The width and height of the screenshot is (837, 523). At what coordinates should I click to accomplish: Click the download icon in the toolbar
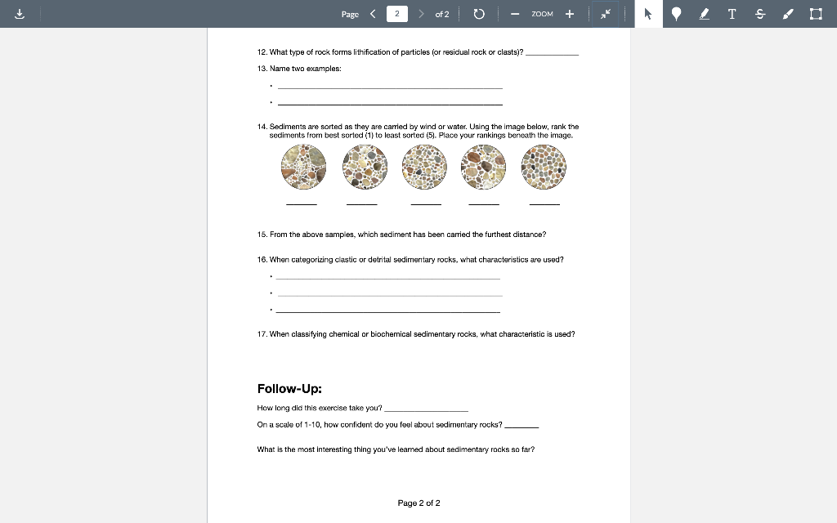pyautogui.click(x=19, y=14)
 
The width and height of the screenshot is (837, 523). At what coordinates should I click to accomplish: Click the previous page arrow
pyautogui.click(x=373, y=14)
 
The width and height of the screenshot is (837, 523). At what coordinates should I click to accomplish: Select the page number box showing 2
pyautogui.click(x=396, y=14)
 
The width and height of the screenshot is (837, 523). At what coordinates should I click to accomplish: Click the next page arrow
pyautogui.click(x=421, y=14)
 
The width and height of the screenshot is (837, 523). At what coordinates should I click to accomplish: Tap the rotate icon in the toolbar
pyautogui.click(x=479, y=14)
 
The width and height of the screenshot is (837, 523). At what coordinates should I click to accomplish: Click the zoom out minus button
pyautogui.click(x=515, y=14)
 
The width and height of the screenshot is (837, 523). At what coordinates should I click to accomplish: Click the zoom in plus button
pyautogui.click(x=570, y=14)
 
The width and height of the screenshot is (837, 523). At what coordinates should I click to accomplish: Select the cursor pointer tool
pyautogui.click(x=648, y=14)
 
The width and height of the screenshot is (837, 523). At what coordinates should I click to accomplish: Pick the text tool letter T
pyautogui.click(x=732, y=14)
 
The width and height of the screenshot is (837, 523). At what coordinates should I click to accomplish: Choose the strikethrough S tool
pyautogui.click(x=759, y=14)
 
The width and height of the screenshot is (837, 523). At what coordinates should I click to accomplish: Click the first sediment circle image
pyautogui.click(x=303, y=168)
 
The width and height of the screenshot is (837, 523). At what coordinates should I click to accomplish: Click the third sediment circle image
pyautogui.click(x=425, y=168)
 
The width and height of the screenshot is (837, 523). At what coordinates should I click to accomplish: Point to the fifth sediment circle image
pyautogui.click(x=544, y=168)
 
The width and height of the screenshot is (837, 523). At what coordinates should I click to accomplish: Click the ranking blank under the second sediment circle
pyautogui.click(x=362, y=203)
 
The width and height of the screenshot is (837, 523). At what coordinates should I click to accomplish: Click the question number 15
pyautogui.click(x=262, y=235)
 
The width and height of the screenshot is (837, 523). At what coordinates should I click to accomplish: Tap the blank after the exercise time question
pyautogui.click(x=426, y=409)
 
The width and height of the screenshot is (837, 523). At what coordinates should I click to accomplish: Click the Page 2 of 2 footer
pyautogui.click(x=418, y=503)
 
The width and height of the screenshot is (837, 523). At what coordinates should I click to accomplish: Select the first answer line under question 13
pyautogui.click(x=390, y=87)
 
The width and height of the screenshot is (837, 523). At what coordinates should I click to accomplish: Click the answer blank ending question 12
pyautogui.click(x=552, y=53)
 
